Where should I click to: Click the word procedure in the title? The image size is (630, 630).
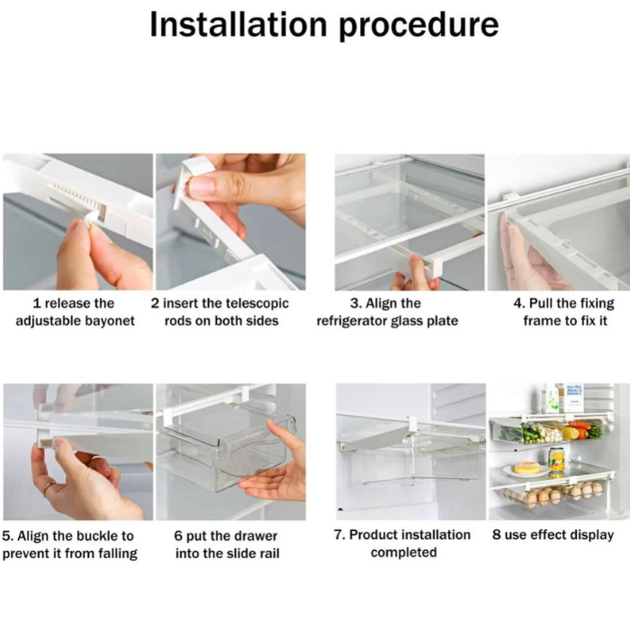click(419, 24)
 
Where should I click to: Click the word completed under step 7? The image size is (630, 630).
click(403, 553)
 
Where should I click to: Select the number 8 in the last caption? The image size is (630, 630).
click(497, 535)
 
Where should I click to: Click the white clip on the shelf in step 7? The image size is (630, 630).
click(411, 423)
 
